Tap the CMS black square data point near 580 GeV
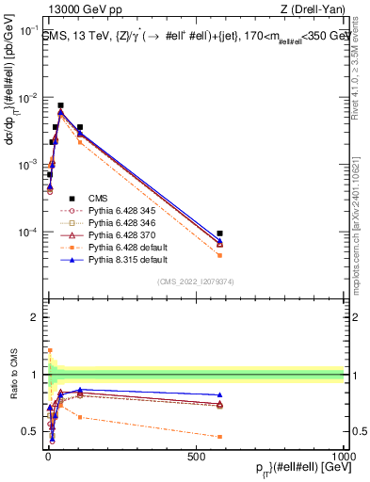pyautogui.click(x=219, y=233)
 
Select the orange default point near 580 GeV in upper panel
pyautogui.click(x=219, y=255)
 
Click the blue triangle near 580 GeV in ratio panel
pyautogui.click(x=219, y=395)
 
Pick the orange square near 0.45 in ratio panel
pyautogui.click(x=219, y=437)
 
